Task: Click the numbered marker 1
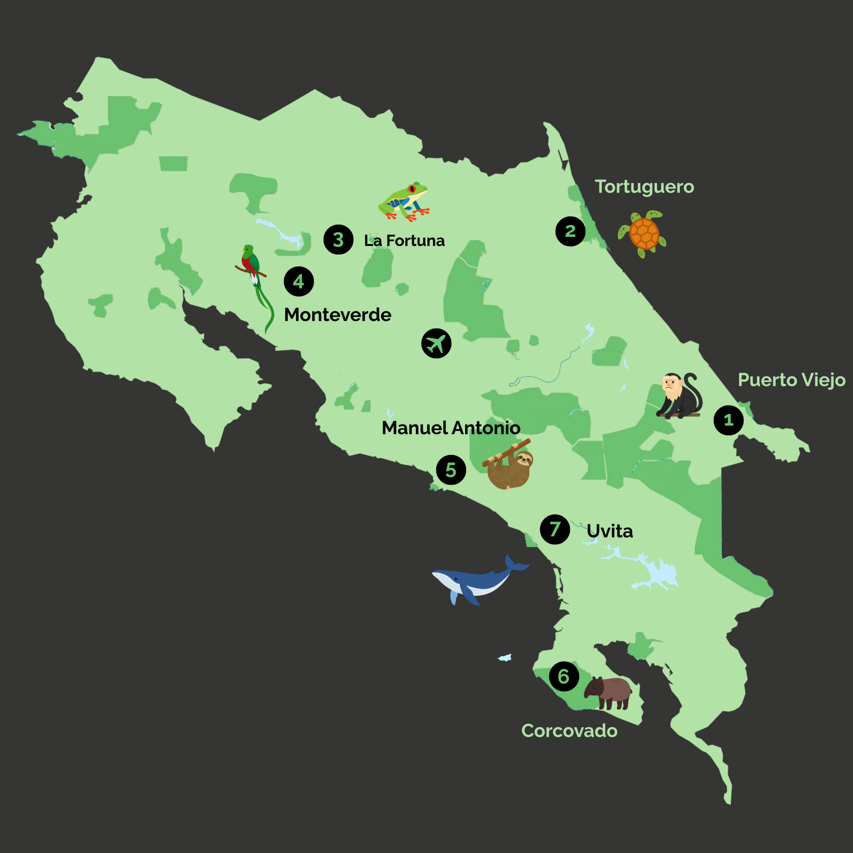(x=728, y=420)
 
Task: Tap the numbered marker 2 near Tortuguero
(x=570, y=231)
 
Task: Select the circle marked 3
(x=338, y=240)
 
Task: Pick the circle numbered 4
(x=299, y=281)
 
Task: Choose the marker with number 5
(x=451, y=470)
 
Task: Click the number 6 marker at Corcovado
(x=564, y=676)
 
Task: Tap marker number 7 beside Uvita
(x=555, y=529)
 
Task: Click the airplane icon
(x=436, y=344)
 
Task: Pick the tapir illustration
(x=608, y=693)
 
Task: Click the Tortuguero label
(x=644, y=187)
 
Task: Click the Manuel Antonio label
(x=451, y=428)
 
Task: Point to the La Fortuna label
(x=404, y=241)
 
